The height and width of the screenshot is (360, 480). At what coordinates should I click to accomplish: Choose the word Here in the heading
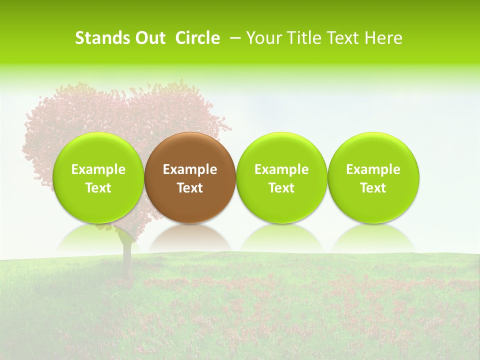[383, 38]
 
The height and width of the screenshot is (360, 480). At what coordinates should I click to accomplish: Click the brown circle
[190, 177]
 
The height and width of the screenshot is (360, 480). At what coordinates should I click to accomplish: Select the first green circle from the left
[98, 177]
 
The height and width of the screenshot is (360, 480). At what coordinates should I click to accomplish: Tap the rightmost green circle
[373, 177]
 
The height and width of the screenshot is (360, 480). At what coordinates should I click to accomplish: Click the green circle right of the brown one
[281, 177]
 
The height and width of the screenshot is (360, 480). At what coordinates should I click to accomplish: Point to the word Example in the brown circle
[190, 169]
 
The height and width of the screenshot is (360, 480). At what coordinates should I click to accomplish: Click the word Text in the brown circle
[190, 188]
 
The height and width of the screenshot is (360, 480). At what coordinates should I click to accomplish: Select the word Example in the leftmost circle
[98, 169]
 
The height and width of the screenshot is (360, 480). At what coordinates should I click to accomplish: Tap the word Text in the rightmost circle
[373, 188]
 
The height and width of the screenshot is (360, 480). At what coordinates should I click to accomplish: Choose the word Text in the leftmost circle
[98, 188]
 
